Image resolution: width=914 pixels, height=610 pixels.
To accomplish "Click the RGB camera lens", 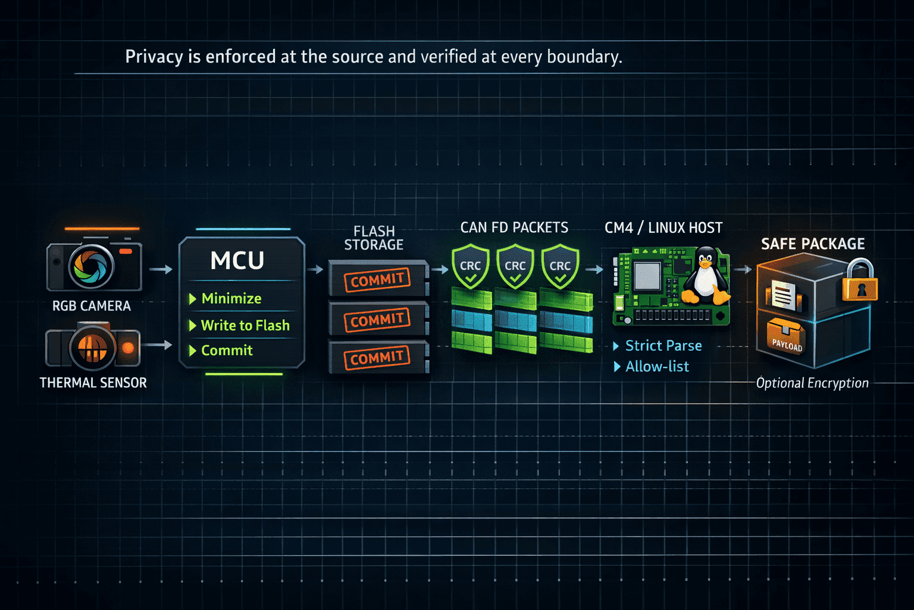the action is coord(92,267).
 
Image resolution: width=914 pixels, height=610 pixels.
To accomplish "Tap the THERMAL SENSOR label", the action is coord(93,383).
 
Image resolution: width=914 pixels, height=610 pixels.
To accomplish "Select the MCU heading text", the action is coord(237,260).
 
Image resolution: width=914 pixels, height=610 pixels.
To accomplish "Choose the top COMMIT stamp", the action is coord(377,280).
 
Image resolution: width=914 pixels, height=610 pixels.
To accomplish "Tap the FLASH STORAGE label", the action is coord(374,238).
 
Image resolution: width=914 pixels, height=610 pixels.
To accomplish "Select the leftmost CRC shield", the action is coord(471,266).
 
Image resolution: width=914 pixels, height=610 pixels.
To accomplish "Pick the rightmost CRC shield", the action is coord(560,266).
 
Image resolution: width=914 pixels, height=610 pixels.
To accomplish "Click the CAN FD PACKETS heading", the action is coord(514,228).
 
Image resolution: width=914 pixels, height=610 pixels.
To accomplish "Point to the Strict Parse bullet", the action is coord(658,346).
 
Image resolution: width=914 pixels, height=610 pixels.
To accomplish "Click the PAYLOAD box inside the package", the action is coord(786,338).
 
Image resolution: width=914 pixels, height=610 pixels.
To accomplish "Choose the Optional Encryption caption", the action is coord(812,383).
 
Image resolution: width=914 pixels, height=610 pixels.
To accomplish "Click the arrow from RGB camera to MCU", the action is coord(161,269).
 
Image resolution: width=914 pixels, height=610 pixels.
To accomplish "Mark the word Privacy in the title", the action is coord(154,57).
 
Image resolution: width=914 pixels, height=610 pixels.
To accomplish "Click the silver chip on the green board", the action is coord(647,275).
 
